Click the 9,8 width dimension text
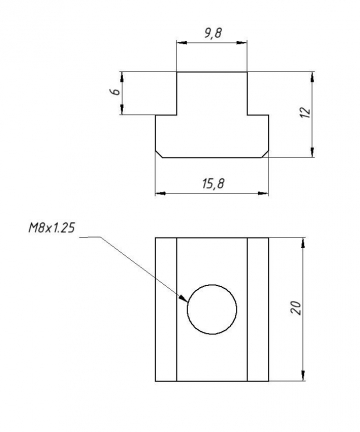[x=211, y=33]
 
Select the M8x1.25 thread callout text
[x=52, y=229]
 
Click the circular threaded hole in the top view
[x=213, y=309]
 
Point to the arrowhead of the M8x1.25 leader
[x=185, y=299]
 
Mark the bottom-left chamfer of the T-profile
[x=159, y=152]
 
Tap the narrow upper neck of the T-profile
[x=211, y=93]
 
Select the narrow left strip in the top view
[x=166, y=310]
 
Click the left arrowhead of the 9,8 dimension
[x=180, y=43]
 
